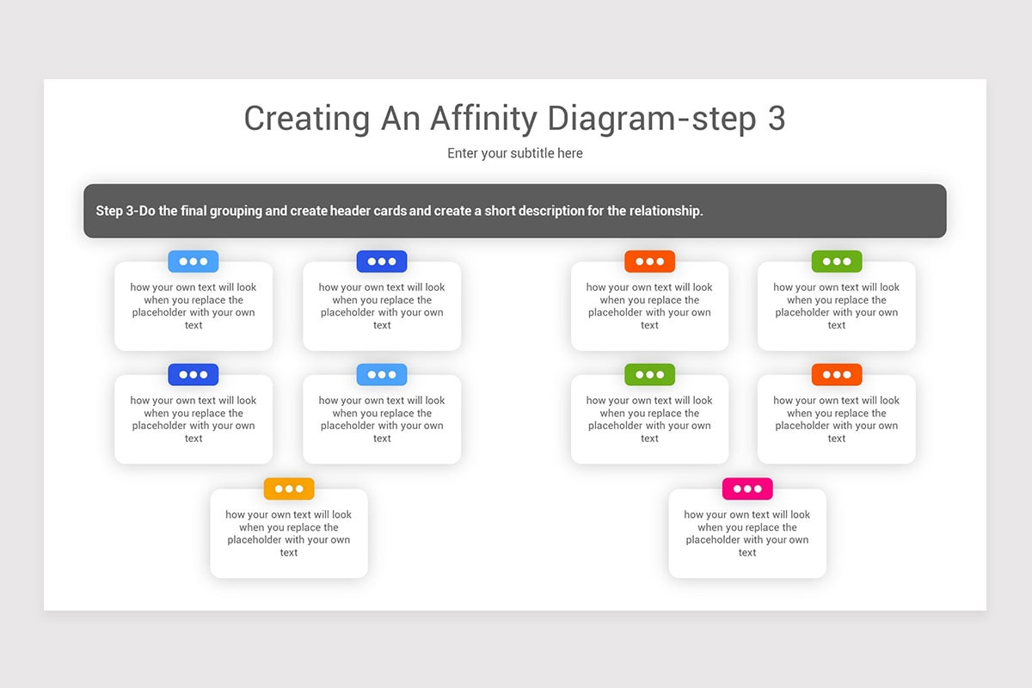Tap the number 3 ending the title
775,119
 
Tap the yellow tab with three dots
289,488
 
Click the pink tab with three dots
747,488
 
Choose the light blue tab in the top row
193,261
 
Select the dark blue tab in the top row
382,261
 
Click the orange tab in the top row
649,261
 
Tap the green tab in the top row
837,261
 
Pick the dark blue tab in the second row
193,374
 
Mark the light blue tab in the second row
382,374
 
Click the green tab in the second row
649,374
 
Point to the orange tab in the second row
837,374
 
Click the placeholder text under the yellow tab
289,533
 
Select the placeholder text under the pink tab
747,533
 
